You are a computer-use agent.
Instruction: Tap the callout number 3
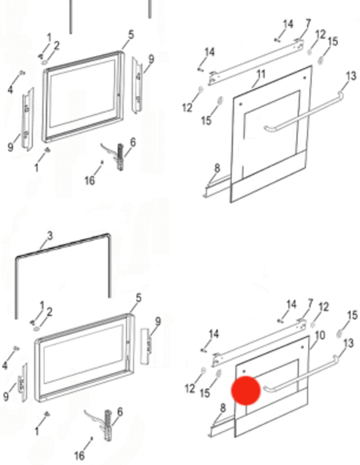pos(49,236)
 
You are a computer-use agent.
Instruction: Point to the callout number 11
pos(261,73)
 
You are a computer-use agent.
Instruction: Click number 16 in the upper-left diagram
pos(90,181)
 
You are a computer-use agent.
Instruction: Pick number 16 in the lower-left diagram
pos(79,456)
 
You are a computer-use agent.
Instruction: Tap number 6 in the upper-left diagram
pos(133,142)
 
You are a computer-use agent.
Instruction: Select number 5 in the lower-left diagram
pos(138,298)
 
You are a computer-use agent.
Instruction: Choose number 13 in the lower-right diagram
pos(348,343)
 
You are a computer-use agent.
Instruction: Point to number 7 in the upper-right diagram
pos(307,24)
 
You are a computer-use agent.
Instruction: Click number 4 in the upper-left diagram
pos(10,89)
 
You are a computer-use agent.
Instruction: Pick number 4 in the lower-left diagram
pos(5,365)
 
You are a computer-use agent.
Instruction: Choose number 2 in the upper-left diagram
pos(57,45)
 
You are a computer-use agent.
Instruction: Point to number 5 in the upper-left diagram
pos(131,35)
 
